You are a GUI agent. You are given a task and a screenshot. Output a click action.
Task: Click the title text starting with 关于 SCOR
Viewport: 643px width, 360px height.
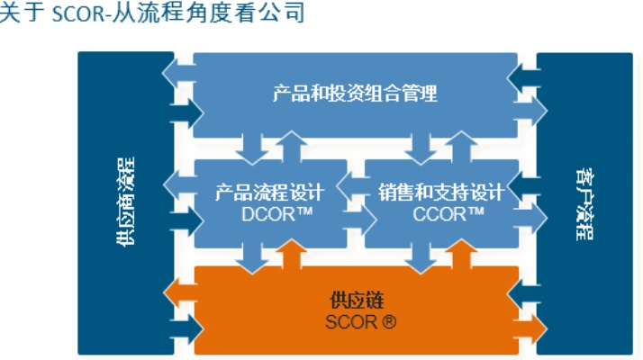(x=152, y=14)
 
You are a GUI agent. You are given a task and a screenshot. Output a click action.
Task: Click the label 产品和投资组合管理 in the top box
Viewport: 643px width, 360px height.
(x=355, y=93)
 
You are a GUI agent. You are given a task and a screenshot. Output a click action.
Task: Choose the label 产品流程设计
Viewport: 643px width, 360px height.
(x=269, y=192)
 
